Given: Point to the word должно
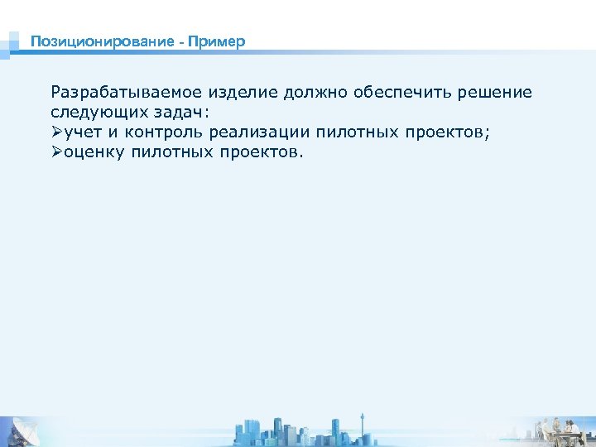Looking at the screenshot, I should pos(317,93).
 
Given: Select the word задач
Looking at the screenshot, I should pos(185,113).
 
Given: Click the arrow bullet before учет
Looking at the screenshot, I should pos(57,132).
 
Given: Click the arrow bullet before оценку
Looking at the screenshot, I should pos(57,152).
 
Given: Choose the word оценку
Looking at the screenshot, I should pos(94,152).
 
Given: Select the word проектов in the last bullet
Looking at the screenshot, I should pos(261,152).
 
